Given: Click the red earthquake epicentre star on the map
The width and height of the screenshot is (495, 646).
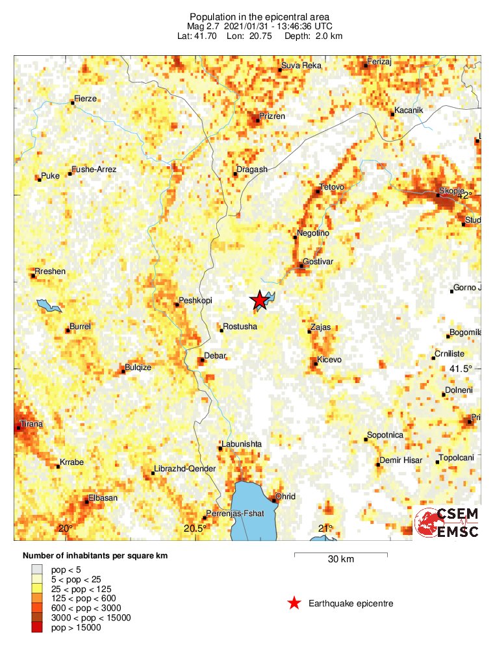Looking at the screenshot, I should click(259, 300).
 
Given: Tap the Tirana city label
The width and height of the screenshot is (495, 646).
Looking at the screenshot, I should click(31, 424).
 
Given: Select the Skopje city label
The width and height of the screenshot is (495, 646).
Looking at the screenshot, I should click(451, 191).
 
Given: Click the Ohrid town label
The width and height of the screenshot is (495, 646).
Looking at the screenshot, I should click(286, 497).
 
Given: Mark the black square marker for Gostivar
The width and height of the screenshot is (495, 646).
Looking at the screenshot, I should click(301, 264).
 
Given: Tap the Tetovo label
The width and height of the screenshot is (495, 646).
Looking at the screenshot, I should click(332, 188).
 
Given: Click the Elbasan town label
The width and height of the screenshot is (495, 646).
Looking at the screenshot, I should click(104, 498).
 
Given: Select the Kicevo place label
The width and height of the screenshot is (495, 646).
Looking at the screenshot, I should click(329, 360).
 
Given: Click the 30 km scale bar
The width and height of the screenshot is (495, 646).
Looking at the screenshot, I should click(341, 554).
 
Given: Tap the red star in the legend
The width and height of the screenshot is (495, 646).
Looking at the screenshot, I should click(294, 604).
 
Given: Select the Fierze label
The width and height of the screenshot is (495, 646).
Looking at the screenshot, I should click(85, 99).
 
